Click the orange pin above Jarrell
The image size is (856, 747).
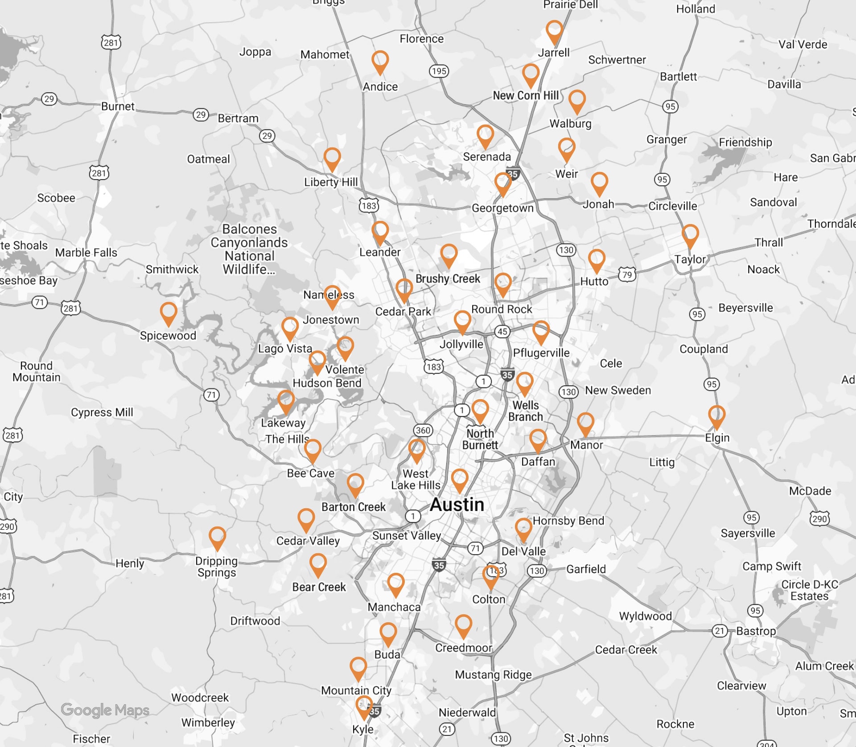[554, 31]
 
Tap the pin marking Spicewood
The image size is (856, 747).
[169, 313]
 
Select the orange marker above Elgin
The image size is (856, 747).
[716, 416]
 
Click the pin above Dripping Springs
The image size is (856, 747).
[217, 537]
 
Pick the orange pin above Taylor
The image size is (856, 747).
[690, 235]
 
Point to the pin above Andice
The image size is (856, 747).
[380, 61]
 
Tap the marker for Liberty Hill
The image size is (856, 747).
[332, 159]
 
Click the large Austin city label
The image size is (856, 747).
[457, 505]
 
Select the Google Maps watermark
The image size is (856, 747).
[105, 710]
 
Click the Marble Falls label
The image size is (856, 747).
[86, 253]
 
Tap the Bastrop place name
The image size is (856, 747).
[756, 631]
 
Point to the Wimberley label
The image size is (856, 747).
[208, 723]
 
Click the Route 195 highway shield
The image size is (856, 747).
[439, 71]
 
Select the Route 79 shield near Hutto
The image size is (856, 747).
[627, 274]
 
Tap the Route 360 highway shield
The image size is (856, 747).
[423, 430]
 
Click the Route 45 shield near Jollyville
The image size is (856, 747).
[502, 331]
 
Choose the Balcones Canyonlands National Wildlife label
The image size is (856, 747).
[249, 249]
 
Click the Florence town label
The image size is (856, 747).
[421, 39]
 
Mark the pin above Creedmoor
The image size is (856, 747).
[463, 625]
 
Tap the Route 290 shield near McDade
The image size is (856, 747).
[819, 518]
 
